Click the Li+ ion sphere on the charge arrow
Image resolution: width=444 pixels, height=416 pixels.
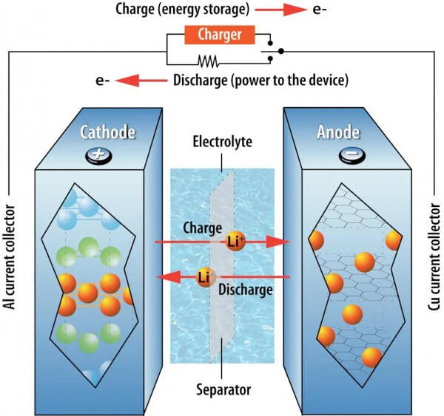click(x=236, y=242)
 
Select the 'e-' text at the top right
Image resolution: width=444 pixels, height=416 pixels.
click(x=325, y=10)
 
